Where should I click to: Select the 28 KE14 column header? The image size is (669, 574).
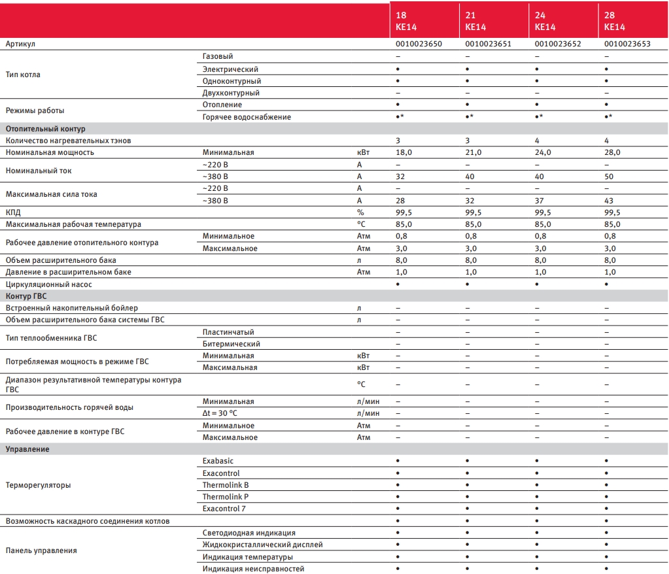click(x=614, y=21)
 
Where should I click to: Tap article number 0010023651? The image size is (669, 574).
click(x=488, y=44)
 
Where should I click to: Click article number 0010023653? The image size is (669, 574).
click(x=627, y=44)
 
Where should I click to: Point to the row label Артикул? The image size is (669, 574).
click(x=20, y=44)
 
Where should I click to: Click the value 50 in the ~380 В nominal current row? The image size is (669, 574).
click(x=609, y=177)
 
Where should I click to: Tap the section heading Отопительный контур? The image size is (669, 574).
click(x=46, y=129)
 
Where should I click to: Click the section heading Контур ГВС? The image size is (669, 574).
click(x=26, y=296)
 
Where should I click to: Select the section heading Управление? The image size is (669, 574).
click(x=27, y=449)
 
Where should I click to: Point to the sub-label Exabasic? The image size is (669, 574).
click(x=218, y=461)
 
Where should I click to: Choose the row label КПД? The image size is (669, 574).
click(x=13, y=212)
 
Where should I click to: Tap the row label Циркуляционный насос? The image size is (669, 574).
click(x=49, y=284)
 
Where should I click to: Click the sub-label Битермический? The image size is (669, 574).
click(x=232, y=344)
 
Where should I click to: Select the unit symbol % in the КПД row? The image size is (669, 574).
click(x=360, y=212)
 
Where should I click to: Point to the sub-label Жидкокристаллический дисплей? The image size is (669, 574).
click(x=262, y=545)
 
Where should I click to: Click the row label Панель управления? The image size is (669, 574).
click(x=41, y=550)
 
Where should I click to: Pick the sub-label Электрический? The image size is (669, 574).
click(x=230, y=69)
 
